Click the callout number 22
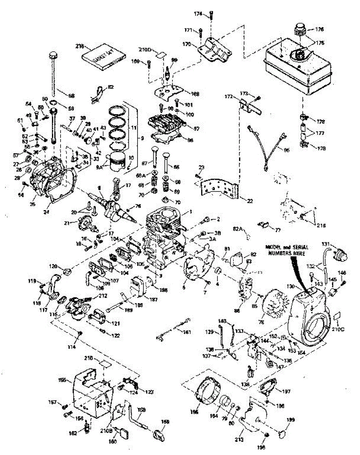[250, 201]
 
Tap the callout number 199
[290, 420]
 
